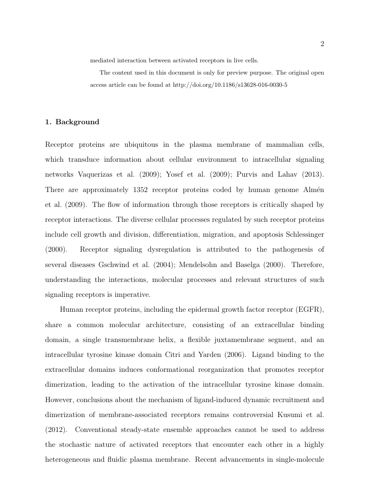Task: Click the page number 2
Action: (322, 44)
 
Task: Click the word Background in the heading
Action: (77, 122)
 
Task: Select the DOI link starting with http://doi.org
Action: (230, 84)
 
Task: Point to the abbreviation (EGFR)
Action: (309, 309)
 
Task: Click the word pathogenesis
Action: (287, 249)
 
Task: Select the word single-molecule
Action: (297, 459)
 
